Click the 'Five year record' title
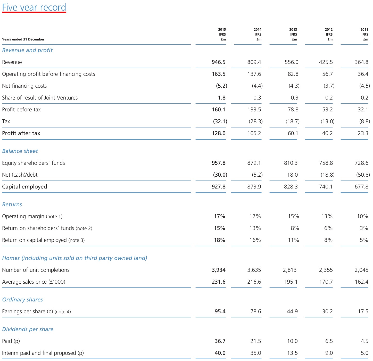coord(34,7)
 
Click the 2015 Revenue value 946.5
coord(219,62)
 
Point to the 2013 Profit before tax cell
coord(293,110)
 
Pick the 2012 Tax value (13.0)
coord(327,121)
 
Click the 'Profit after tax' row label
coord(21,133)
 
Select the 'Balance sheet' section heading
coord(20,151)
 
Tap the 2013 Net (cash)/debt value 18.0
coord(292,175)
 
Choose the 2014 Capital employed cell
coord(254,187)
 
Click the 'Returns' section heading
coord(12,204)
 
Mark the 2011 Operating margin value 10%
coord(362,216)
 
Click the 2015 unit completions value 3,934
coord(219,270)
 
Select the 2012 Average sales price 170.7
coord(326,282)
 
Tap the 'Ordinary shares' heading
coord(23,300)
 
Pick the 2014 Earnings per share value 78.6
coord(256,311)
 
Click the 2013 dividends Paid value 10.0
coord(292,341)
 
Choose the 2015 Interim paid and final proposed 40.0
coord(220,353)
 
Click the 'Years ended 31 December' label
coord(23,39)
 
